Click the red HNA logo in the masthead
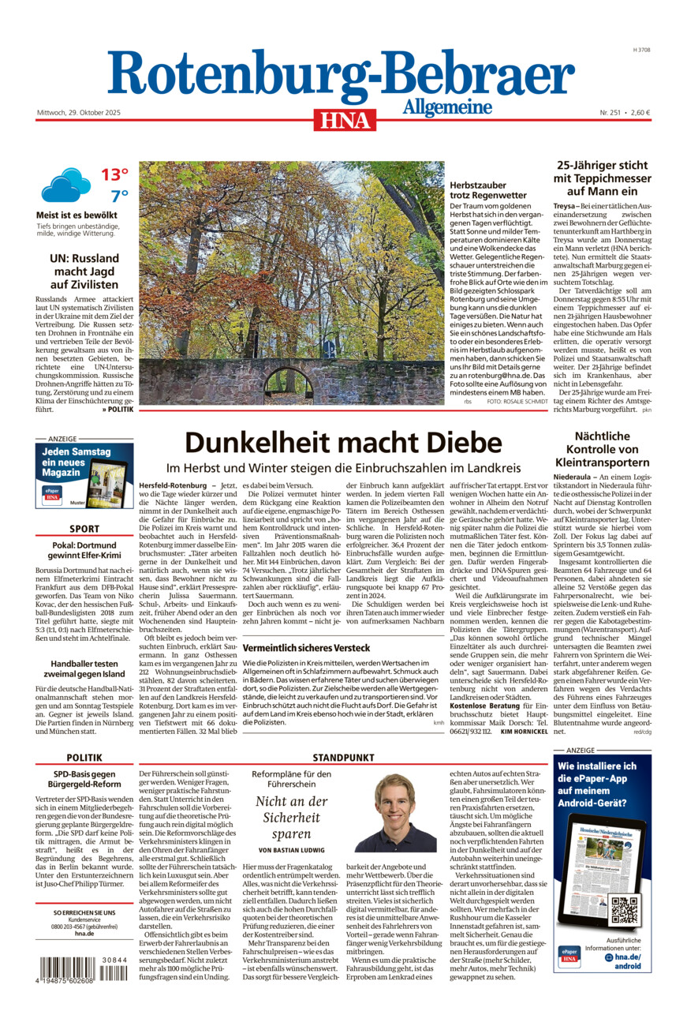(x=344, y=119)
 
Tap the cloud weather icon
(x=66, y=185)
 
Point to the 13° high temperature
(x=114, y=174)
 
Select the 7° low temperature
(x=119, y=196)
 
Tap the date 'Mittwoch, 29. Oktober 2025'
(x=78, y=112)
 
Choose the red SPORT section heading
(x=84, y=529)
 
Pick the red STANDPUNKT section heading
(x=343, y=757)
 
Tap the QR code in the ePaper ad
(x=625, y=910)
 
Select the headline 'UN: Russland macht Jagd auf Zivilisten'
(x=84, y=271)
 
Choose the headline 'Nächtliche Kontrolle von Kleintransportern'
(x=602, y=449)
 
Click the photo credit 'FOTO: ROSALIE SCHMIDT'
(x=517, y=402)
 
